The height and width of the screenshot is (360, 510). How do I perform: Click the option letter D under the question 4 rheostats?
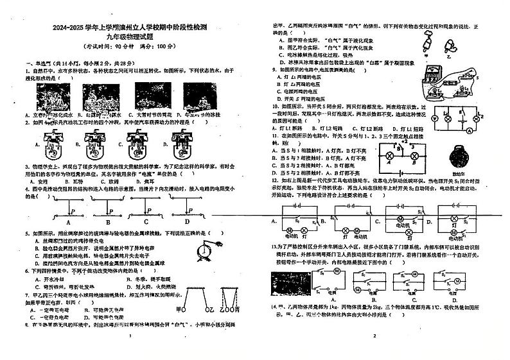(x=187, y=221)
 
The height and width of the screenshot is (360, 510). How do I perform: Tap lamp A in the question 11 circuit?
(x=389, y=155)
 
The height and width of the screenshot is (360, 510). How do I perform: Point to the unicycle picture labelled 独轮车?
(x=457, y=156)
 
